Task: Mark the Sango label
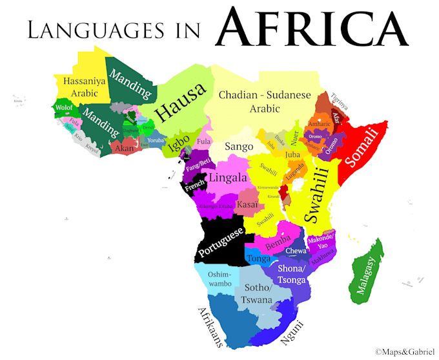pyautogui.click(x=239, y=147)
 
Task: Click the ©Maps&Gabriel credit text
pyautogui.click(x=405, y=352)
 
